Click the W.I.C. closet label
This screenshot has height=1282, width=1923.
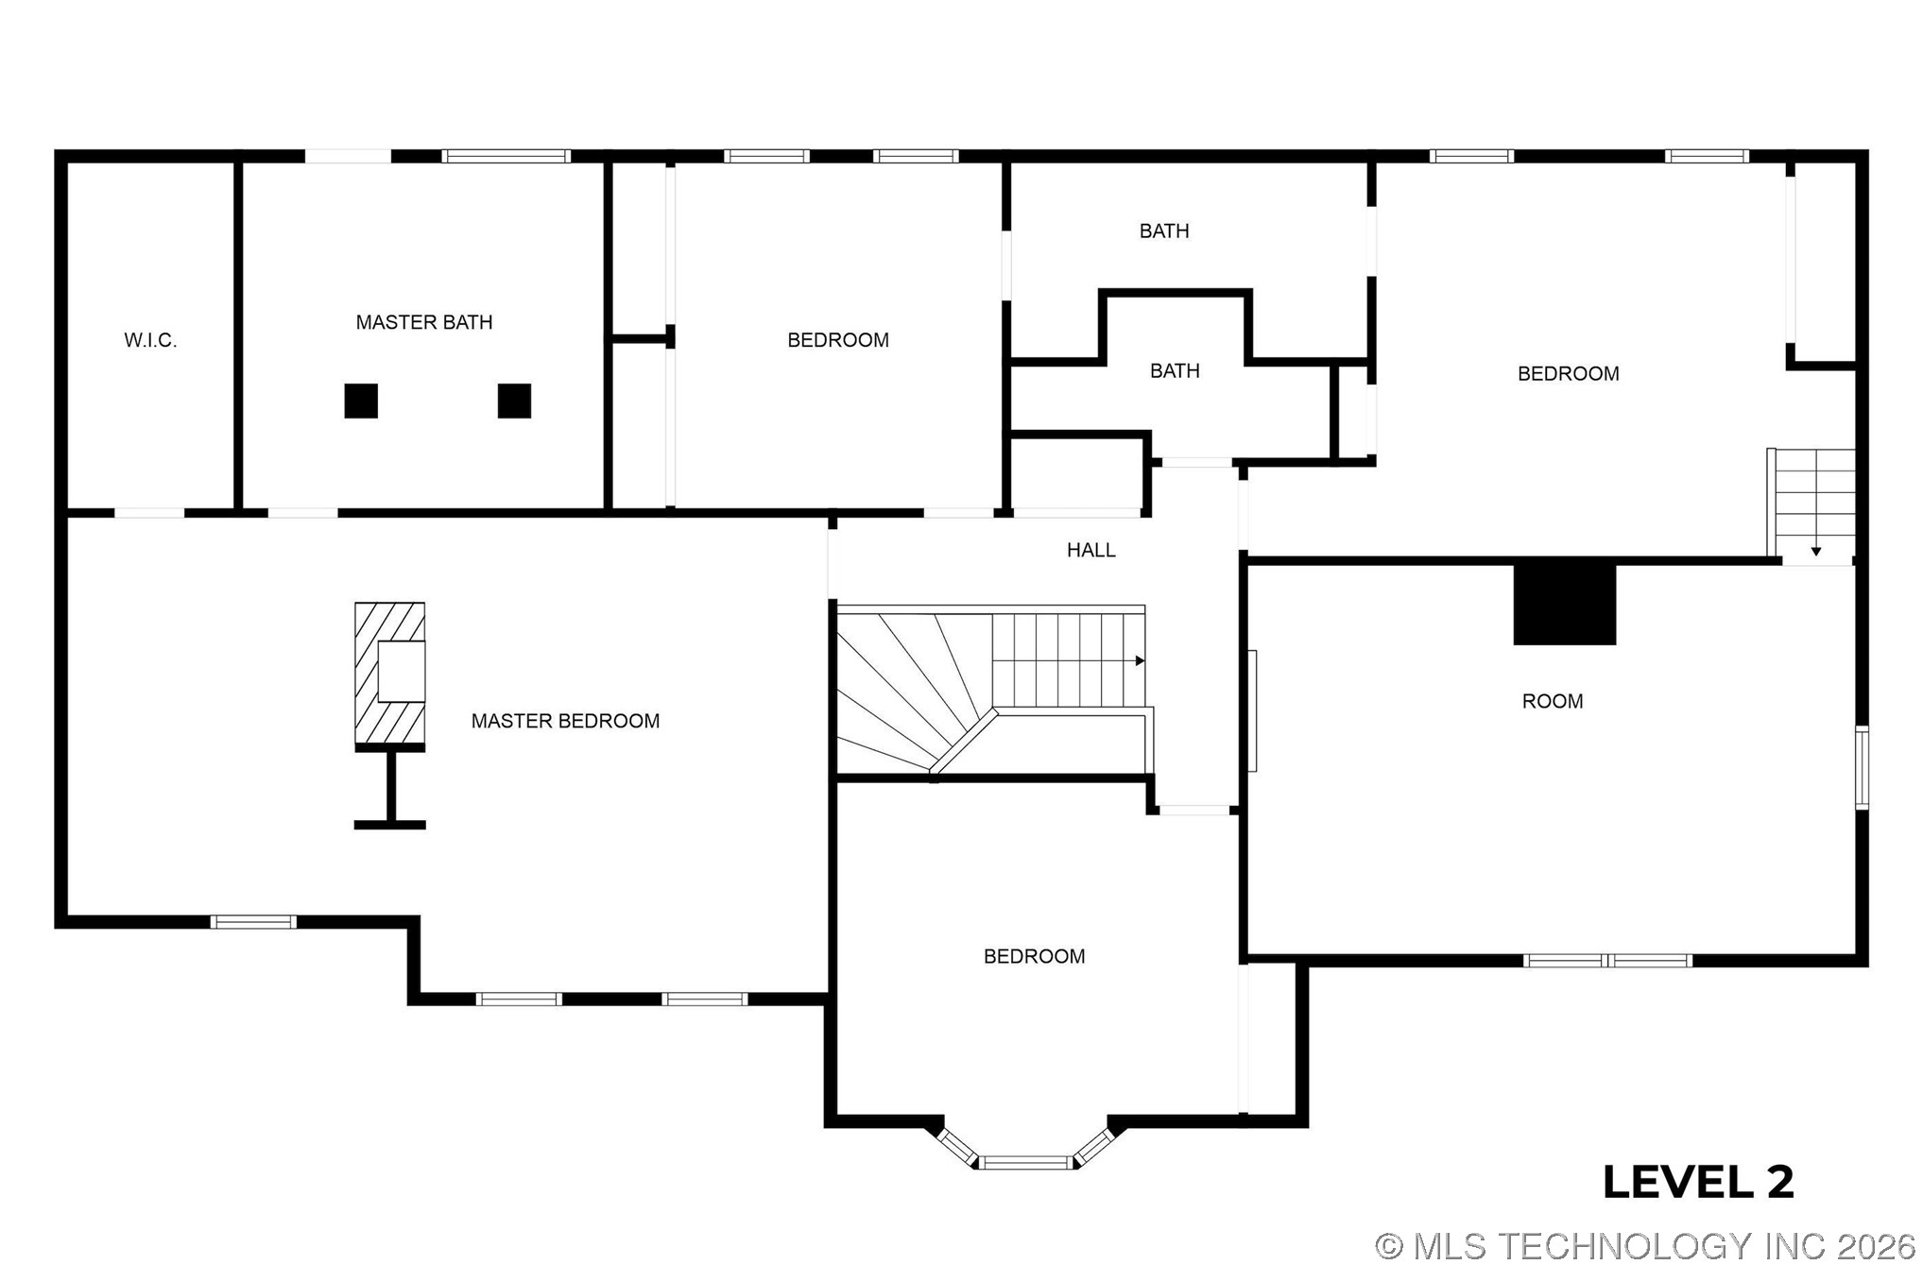click(x=150, y=340)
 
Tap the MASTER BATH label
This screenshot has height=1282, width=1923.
click(x=424, y=322)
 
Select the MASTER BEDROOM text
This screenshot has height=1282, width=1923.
click(x=565, y=721)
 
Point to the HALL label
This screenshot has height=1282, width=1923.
click(x=1090, y=550)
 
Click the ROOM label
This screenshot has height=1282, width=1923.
click(x=1552, y=701)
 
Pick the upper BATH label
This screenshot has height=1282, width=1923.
click(x=1163, y=231)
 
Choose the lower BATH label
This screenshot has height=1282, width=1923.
click(x=1175, y=370)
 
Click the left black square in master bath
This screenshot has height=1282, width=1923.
click(x=361, y=401)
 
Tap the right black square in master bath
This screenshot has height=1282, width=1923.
click(x=514, y=401)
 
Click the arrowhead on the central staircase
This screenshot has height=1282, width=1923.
click(x=1141, y=660)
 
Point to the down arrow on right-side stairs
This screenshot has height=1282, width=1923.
click(x=1815, y=551)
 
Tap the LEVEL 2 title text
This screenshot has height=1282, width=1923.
click(x=1698, y=1182)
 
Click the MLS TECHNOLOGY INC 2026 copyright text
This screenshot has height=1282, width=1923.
click(x=1645, y=1246)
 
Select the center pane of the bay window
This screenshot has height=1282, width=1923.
click(x=1026, y=1162)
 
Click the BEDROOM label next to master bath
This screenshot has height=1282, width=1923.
click(x=838, y=340)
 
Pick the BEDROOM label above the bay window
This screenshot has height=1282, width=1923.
click(x=1034, y=956)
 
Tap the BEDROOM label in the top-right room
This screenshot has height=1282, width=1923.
click(x=1568, y=373)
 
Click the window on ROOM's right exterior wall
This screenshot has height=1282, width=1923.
click(x=1862, y=767)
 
